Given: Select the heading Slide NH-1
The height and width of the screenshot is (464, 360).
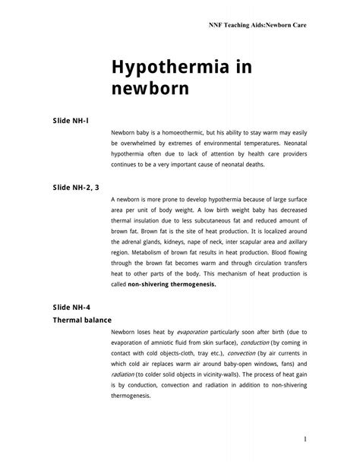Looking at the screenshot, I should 71,121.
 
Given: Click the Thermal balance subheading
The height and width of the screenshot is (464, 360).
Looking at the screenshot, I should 81,320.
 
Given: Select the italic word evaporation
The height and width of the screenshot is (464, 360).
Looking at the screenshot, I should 197,332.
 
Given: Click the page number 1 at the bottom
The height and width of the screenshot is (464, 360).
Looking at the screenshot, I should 303,439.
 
